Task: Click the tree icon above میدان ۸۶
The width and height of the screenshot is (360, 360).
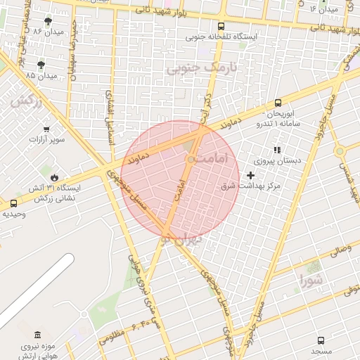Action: [48, 22]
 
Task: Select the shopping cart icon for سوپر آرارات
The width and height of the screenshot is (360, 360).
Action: [46, 129]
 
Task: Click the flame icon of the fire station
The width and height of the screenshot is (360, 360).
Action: [53, 177]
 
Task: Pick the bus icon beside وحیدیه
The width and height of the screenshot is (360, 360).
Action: [13, 203]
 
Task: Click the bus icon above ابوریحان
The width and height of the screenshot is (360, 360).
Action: [278, 103]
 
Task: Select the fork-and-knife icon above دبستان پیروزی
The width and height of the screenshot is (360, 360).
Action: [276, 149]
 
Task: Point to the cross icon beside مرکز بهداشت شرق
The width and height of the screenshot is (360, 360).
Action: [250, 174]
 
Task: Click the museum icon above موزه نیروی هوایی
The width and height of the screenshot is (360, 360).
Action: [37, 336]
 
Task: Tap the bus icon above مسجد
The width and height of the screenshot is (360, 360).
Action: [321, 340]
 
